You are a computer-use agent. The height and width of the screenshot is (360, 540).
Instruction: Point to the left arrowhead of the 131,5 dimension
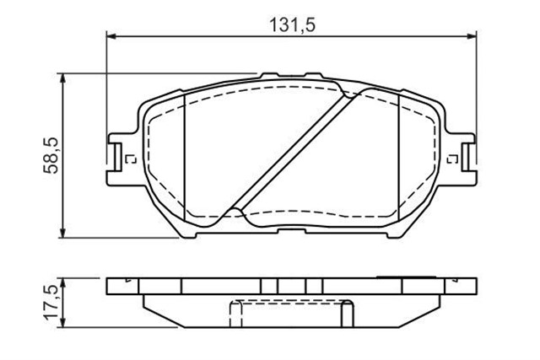111,35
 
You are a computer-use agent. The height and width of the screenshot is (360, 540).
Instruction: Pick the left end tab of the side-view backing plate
118,286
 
